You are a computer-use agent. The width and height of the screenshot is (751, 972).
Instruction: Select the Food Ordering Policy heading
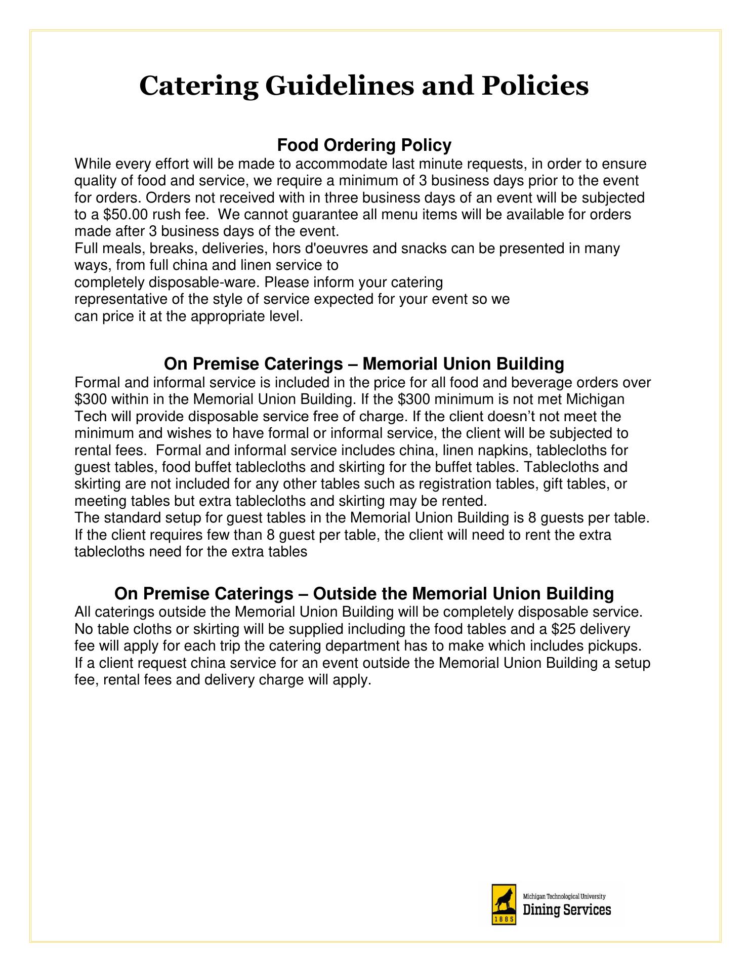point(364,145)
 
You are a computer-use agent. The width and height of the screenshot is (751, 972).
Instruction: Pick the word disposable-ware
point(167,282)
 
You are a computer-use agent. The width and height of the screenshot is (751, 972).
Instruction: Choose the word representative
point(121,299)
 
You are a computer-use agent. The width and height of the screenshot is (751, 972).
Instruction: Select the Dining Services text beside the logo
point(566,910)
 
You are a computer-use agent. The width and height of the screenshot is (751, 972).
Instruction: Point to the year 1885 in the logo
point(504,919)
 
